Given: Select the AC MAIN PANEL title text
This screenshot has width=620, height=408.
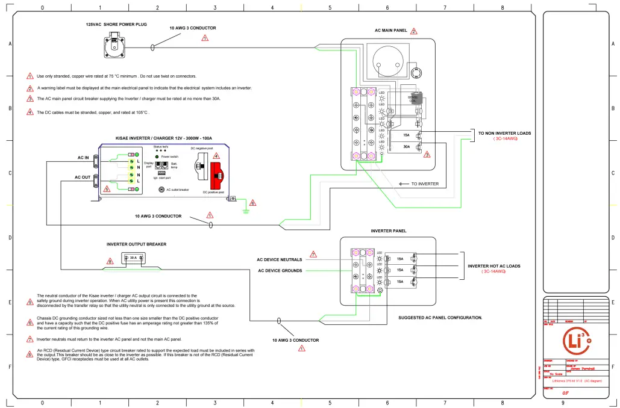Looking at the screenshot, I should (390, 31).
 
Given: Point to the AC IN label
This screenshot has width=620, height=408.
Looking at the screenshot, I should (83, 158).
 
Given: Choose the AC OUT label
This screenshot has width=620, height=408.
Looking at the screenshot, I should (83, 178).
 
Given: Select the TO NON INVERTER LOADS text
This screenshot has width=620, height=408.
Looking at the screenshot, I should (504, 133).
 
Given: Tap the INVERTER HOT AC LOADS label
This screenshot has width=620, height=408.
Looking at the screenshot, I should (493, 266).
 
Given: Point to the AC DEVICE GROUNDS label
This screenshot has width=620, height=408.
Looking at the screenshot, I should (280, 271).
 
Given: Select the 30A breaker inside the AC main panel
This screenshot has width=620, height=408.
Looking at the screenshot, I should (407, 146).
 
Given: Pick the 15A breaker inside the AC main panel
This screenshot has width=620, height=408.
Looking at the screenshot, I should (407, 135).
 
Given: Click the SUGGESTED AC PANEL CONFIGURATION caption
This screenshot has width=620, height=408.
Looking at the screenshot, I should (440, 317).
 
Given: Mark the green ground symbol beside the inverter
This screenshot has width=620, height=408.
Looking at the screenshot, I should (245, 210).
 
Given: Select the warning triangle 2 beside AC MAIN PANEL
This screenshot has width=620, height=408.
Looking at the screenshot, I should (414, 31).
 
